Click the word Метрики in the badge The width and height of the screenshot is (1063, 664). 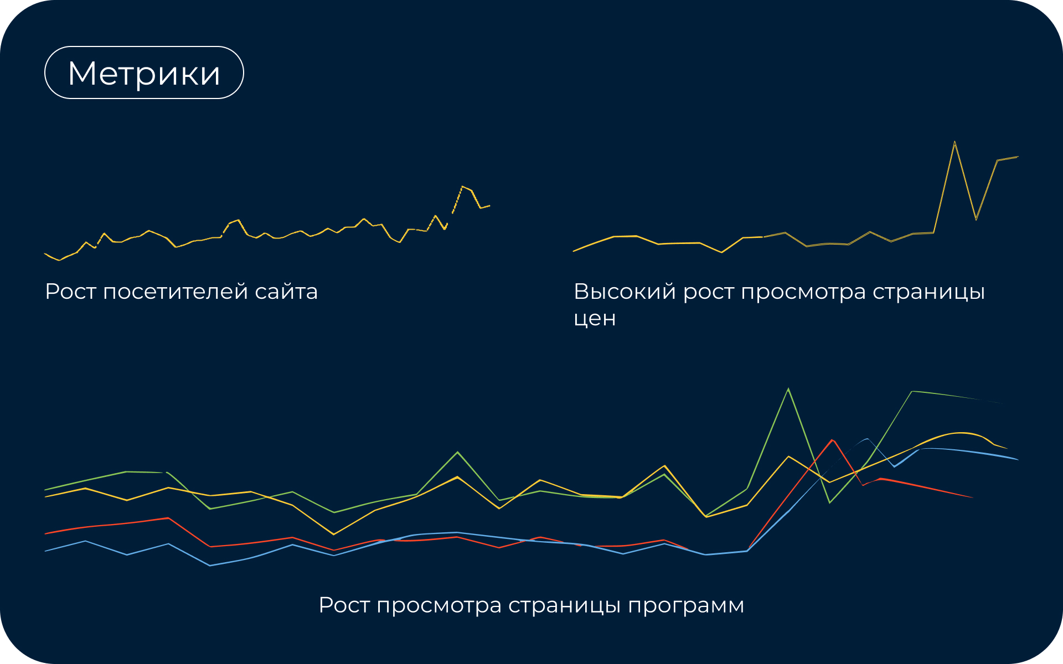click(144, 73)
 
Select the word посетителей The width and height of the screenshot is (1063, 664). click(176, 292)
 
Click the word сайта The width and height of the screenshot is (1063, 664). click(286, 292)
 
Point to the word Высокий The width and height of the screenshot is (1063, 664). click(625, 292)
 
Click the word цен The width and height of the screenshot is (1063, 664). click(595, 319)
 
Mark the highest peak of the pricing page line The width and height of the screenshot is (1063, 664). click(954, 142)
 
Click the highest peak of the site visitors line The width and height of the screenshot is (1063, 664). click(462, 186)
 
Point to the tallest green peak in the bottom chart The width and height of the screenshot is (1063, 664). click(788, 389)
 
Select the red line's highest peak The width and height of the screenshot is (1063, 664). click(832, 440)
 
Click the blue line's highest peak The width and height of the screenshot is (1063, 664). click(867, 439)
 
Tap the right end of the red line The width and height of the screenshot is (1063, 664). click(973, 497)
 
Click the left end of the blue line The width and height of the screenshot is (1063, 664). click(45, 551)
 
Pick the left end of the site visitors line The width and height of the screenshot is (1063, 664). click(45, 254)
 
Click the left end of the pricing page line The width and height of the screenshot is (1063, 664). click(574, 251)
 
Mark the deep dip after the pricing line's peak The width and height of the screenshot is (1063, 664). click(976, 220)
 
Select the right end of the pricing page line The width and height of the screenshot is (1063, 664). click(1018, 157)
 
